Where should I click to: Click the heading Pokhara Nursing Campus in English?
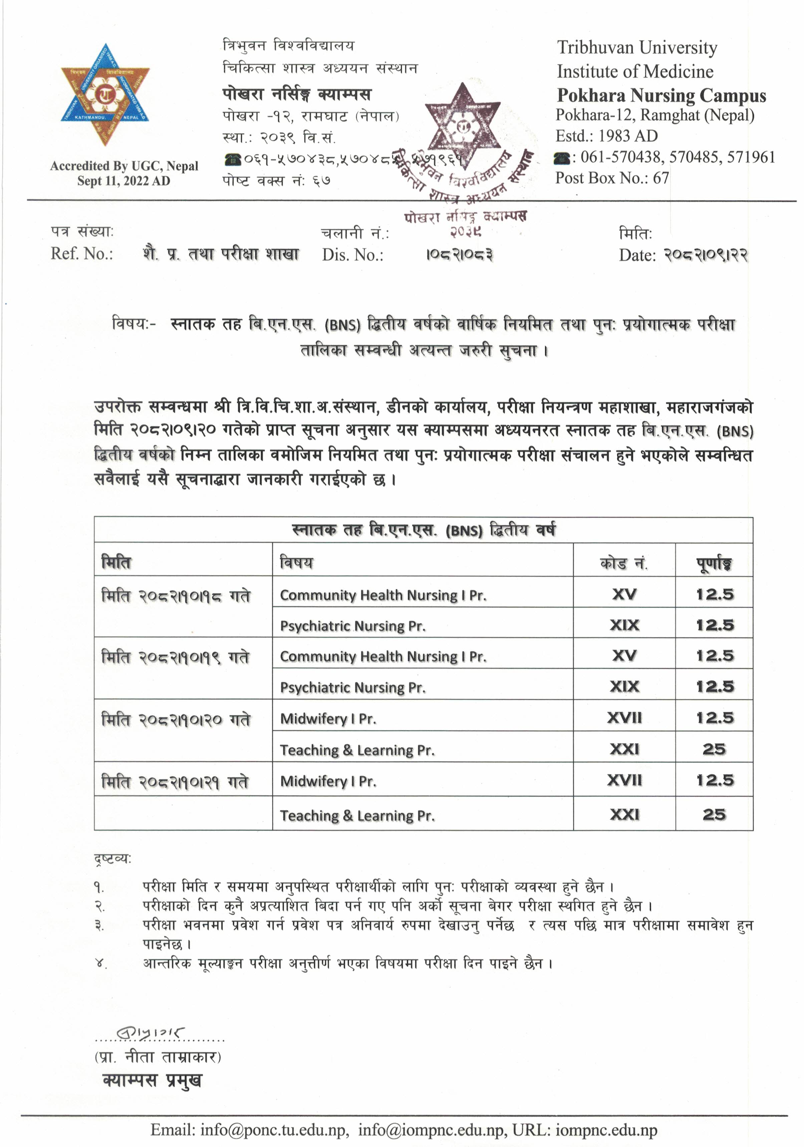(x=661, y=95)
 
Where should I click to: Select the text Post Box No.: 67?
(x=612, y=178)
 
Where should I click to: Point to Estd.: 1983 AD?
(x=607, y=136)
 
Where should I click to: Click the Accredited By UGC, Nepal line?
(x=124, y=166)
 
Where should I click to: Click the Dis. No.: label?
(x=353, y=255)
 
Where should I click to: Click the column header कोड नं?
(x=624, y=563)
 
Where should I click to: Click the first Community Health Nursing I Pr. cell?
(x=383, y=595)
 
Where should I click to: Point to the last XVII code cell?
(x=624, y=780)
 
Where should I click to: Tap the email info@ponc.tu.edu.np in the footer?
(x=274, y=1130)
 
